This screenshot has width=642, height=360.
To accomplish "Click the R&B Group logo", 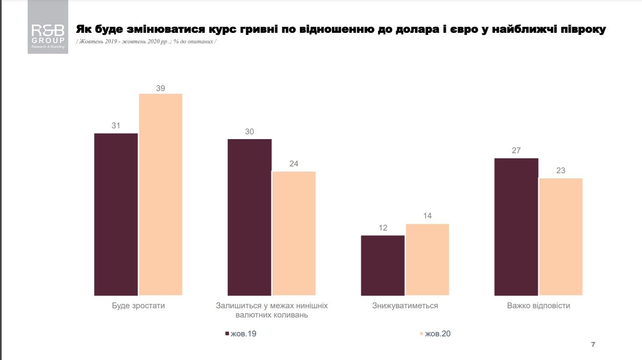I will coord(48,27).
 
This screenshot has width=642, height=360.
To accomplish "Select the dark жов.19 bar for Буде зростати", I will coord(116,214).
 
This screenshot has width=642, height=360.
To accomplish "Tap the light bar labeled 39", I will coord(160,194).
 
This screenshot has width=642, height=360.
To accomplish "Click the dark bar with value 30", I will coord(249,217).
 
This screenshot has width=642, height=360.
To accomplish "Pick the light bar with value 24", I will coord(294,233).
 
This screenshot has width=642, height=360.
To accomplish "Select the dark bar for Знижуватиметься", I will coord(383,265).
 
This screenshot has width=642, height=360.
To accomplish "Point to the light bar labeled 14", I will coord(427,259).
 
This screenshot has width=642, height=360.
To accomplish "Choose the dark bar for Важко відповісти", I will coord(516,227).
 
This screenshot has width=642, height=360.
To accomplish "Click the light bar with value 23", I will coord(561,237).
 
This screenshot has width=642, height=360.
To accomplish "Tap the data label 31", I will coord(116,126).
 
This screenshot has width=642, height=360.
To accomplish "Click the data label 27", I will coord(516,151).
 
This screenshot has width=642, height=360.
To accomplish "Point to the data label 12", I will coord(383,228).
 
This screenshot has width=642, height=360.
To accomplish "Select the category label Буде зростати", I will coord(138,306).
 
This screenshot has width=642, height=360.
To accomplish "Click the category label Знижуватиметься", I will coord(405,306).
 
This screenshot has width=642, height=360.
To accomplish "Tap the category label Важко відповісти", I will coord(538,306).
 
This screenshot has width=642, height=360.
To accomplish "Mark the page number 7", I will coord(593,344).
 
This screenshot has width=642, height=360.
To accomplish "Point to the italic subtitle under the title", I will coord(146,42).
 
